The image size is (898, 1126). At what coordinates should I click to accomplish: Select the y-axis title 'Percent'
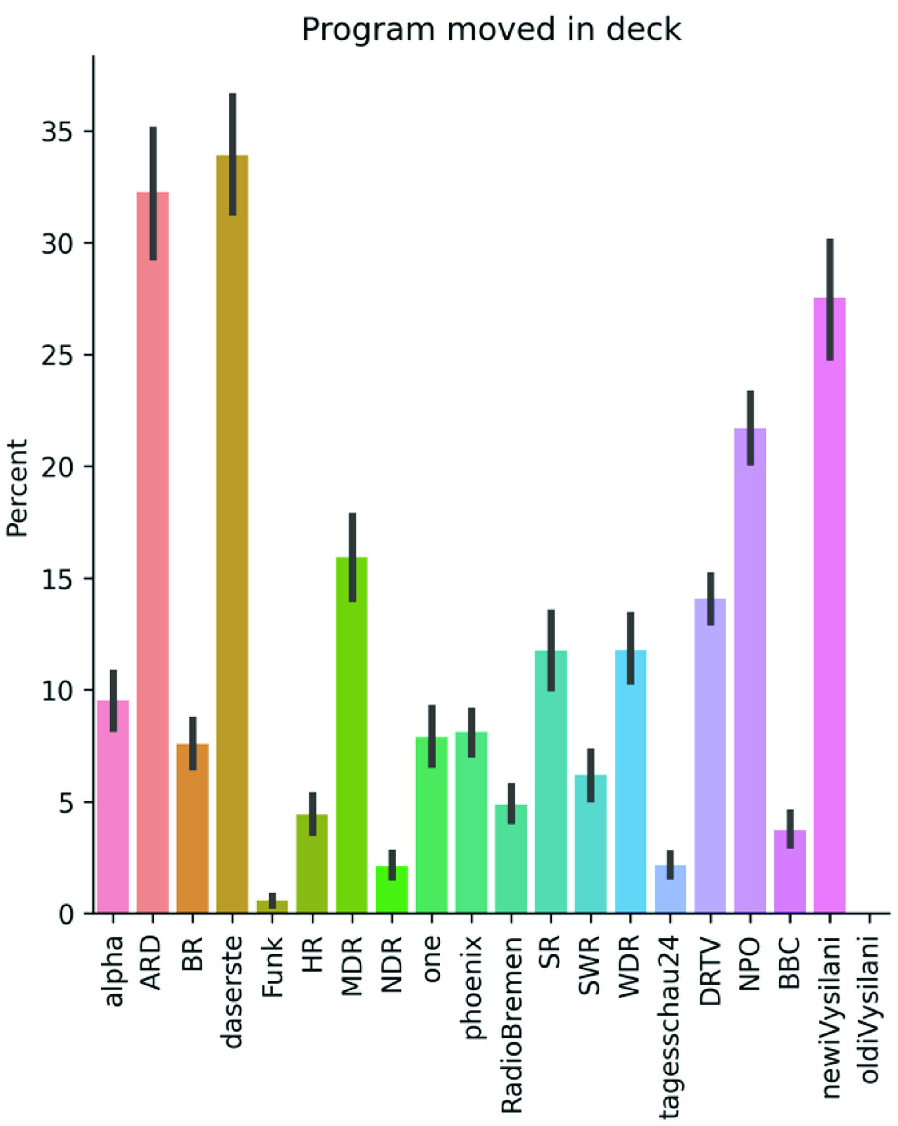(17, 488)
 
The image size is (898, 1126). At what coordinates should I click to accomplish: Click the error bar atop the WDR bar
(630, 647)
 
